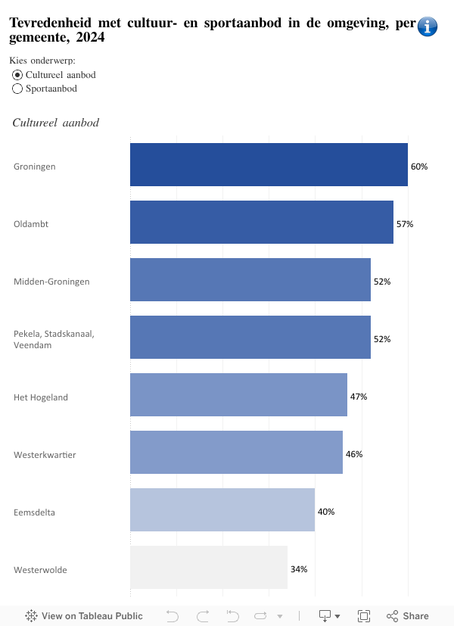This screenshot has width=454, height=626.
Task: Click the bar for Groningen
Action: (x=269, y=165)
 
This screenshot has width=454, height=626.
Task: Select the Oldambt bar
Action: (x=261, y=223)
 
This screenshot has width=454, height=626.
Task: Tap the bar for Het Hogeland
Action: (x=238, y=395)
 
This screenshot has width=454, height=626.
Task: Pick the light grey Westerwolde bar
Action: (x=209, y=568)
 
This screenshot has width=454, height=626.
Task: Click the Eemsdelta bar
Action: (x=222, y=510)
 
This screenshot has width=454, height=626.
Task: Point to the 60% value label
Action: (x=419, y=167)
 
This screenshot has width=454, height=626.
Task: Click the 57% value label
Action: (x=405, y=224)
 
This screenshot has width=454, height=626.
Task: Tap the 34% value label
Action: (x=299, y=569)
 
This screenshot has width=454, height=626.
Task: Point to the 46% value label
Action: (x=354, y=454)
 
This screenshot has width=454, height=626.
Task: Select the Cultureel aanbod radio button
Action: (x=18, y=75)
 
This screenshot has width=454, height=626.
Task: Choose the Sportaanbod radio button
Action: (x=18, y=89)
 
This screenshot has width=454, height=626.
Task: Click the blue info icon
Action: (x=428, y=26)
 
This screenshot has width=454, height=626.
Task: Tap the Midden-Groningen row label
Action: (x=51, y=282)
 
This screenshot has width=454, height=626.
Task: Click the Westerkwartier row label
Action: (x=45, y=455)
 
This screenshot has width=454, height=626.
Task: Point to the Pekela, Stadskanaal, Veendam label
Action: (x=54, y=339)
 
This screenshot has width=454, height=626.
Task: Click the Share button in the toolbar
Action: (x=408, y=616)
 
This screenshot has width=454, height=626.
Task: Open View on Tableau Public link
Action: (x=84, y=616)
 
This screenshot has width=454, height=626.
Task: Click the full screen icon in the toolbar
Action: (x=363, y=616)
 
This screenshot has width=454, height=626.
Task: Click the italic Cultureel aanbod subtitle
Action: (x=56, y=123)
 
